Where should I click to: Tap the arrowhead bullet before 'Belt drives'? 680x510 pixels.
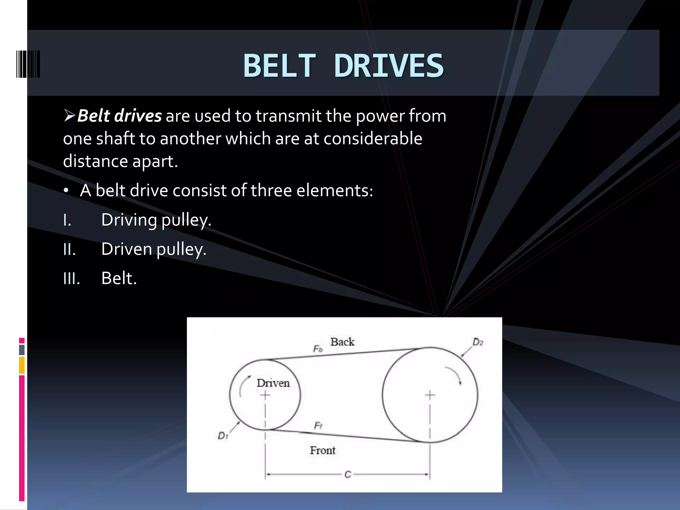(x=69, y=116)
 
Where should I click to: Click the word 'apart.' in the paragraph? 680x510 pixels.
(x=155, y=162)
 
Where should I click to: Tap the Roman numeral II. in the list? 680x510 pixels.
(x=69, y=249)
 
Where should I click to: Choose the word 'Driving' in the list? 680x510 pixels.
(x=129, y=220)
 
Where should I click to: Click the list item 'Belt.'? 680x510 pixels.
(x=119, y=278)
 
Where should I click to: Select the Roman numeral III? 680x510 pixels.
(x=71, y=278)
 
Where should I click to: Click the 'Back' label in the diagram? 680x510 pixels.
(x=342, y=342)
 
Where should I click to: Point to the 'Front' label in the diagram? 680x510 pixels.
(x=322, y=451)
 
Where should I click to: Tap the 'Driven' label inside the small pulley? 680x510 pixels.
(x=273, y=383)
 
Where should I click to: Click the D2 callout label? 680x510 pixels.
(x=477, y=342)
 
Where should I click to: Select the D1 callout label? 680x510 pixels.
(x=223, y=436)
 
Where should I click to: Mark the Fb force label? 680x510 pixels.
(x=318, y=349)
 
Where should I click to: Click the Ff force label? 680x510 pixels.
(x=318, y=426)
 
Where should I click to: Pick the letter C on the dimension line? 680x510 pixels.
(x=348, y=474)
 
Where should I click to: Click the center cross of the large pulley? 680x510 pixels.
(x=430, y=395)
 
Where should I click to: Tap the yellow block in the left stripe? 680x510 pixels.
(x=22, y=365)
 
